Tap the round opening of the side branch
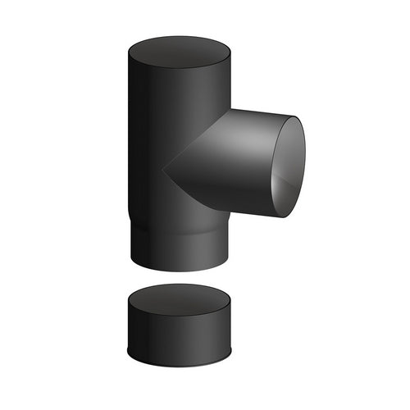pos(289,166)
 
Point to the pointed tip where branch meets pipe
pos(164,171)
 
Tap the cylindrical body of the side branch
pos(234,164)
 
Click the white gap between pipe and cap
pos(179,276)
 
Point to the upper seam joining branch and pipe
pos(201,139)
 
